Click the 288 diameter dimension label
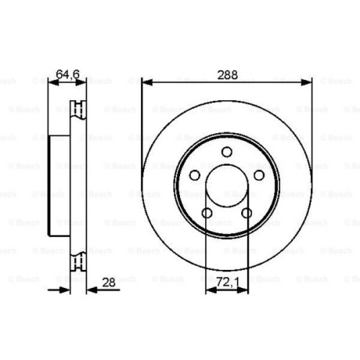(227, 73)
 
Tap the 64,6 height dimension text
(67, 73)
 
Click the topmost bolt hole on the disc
(227, 151)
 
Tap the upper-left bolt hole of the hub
(194, 176)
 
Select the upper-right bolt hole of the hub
(259, 176)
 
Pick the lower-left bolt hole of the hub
(207, 213)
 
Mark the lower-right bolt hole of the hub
(247, 213)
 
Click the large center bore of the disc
(227, 186)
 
